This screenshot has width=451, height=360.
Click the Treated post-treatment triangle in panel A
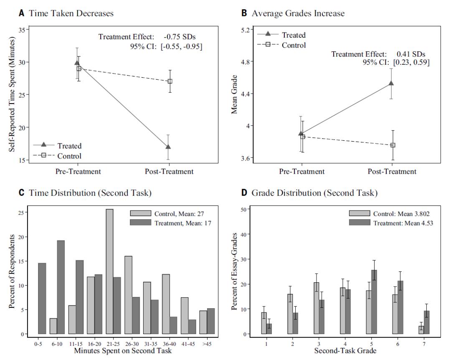click(x=168, y=147)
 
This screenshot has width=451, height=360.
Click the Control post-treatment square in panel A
click(x=170, y=81)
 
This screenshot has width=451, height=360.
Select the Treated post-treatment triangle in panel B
click(x=391, y=83)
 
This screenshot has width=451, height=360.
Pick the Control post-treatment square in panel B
click(x=393, y=145)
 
